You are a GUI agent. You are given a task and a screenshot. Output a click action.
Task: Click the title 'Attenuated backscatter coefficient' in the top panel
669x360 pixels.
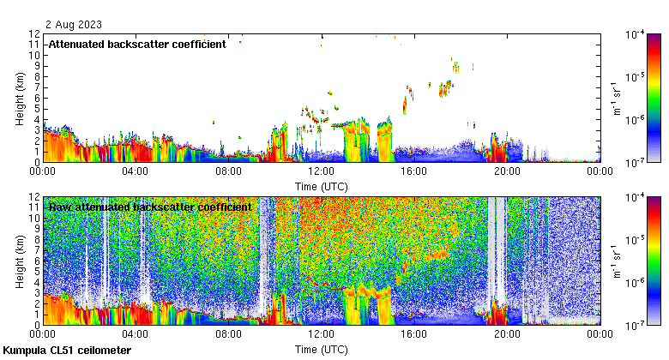(137, 44)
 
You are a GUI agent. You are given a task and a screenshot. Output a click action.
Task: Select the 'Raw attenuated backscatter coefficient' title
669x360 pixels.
(150, 207)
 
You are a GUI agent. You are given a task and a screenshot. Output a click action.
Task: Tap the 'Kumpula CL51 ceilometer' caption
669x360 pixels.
(67, 351)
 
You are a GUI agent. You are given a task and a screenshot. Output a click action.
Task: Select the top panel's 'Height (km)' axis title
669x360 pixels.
(19, 98)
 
